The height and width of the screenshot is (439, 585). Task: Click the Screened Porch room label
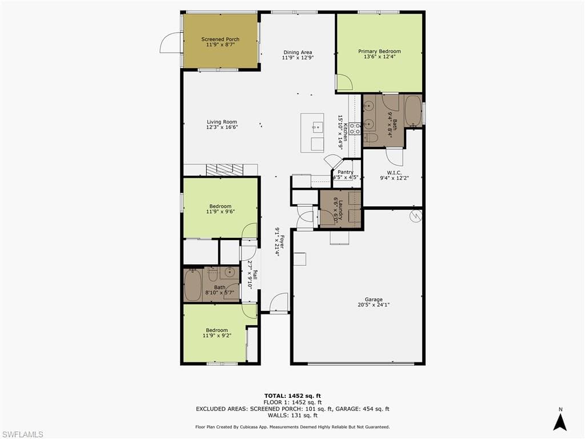click(x=220, y=39)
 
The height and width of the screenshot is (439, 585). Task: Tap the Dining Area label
click(x=298, y=53)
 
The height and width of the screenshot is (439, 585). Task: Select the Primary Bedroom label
click(x=379, y=51)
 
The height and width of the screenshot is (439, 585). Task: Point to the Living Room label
click(x=222, y=122)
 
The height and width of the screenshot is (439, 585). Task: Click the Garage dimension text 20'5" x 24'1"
click(x=374, y=305)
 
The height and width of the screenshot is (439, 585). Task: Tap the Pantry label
click(x=345, y=172)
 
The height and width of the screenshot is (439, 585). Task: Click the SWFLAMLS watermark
click(x=22, y=434)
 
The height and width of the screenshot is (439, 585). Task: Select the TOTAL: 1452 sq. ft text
click(x=292, y=396)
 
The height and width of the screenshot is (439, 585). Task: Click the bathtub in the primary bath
click(x=413, y=110)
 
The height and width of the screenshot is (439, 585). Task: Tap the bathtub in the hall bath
click(x=193, y=285)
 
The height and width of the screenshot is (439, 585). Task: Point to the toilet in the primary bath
click(x=370, y=138)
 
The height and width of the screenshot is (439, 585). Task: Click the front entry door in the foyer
click(x=279, y=302)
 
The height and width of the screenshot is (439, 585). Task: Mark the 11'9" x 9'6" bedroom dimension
click(x=220, y=211)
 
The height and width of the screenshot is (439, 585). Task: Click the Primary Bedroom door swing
click(x=344, y=83)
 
